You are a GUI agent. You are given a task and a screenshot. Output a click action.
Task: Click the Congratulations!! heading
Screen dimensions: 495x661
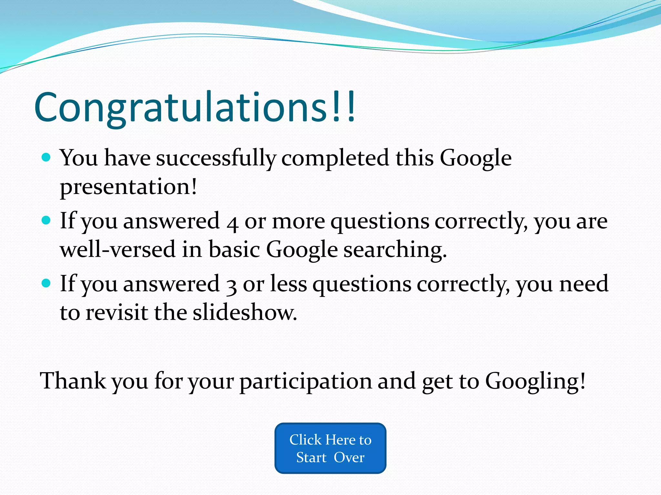tap(195, 107)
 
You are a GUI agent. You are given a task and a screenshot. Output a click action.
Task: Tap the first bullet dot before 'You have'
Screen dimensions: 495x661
tap(46, 157)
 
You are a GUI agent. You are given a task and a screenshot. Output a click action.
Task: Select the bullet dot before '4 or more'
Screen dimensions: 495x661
tap(46, 220)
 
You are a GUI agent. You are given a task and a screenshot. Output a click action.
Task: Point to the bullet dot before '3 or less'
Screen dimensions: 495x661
tap(46, 283)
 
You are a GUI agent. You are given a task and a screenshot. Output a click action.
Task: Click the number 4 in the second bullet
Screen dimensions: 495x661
tap(232, 223)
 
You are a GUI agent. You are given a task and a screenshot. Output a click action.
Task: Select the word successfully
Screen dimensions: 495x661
tap(216, 158)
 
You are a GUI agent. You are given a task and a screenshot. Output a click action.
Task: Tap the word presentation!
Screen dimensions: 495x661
tap(128, 187)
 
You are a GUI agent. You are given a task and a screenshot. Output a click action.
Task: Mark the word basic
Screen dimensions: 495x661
tap(234, 249)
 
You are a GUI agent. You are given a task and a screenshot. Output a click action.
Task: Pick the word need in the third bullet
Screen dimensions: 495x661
tap(584, 284)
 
